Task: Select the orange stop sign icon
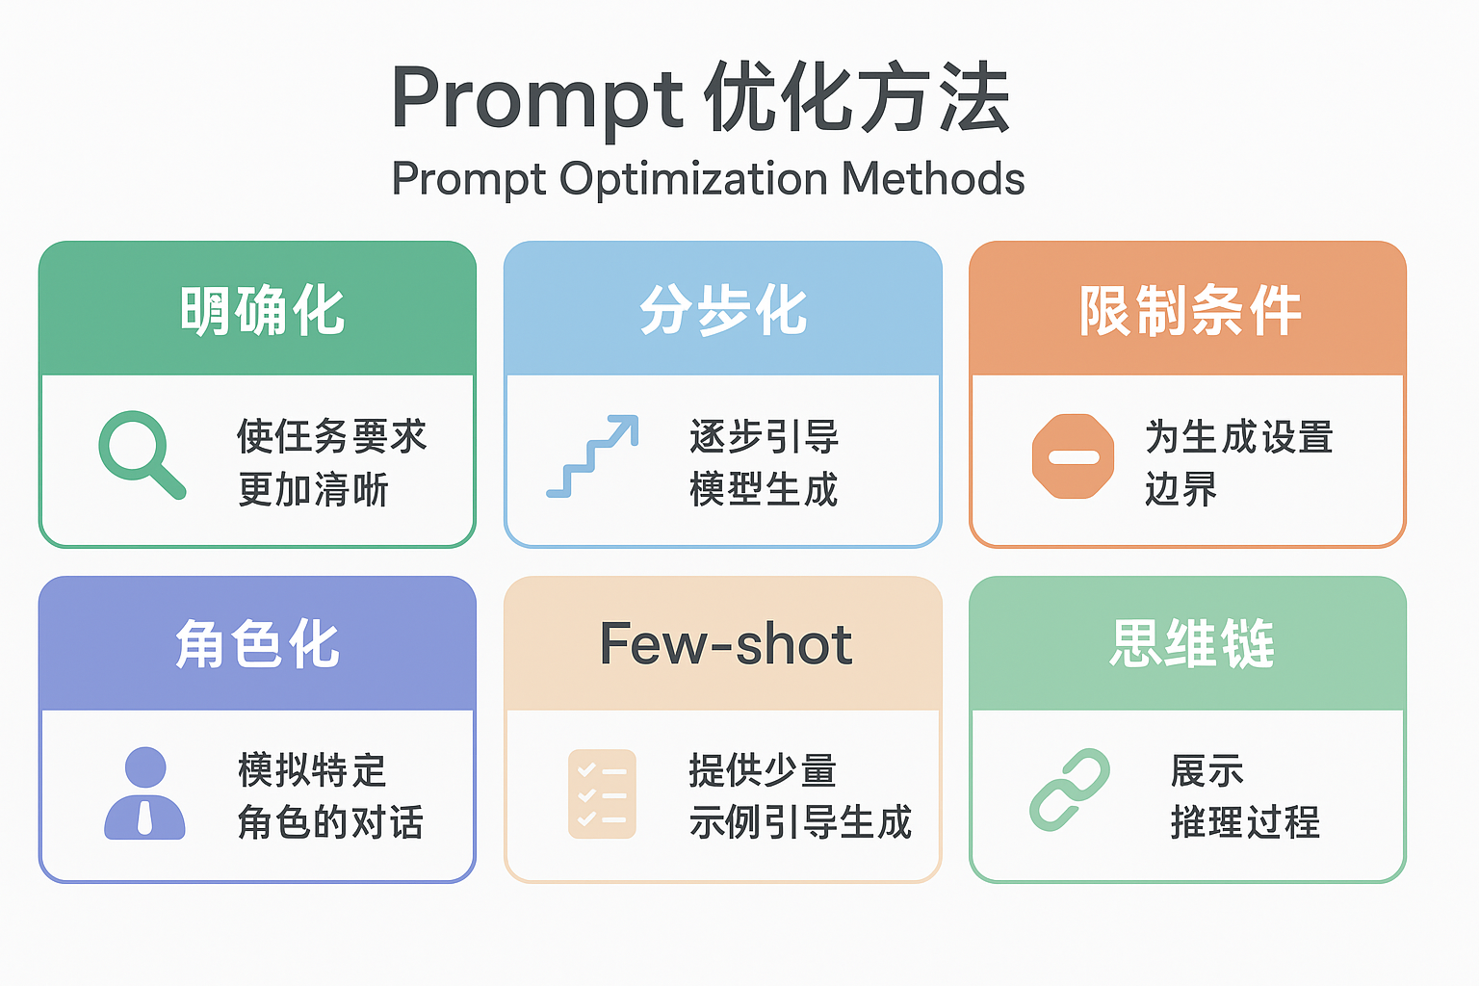click(1073, 456)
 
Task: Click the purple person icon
click(144, 793)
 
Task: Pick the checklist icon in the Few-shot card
click(602, 793)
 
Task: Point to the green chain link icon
click(1070, 790)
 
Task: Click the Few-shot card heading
click(726, 644)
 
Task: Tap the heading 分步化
click(724, 310)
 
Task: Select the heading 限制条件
click(1190, 310)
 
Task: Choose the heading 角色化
click(257, 644)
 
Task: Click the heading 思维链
click(1192, 644)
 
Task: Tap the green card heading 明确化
click(262, 310)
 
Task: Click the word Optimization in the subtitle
click(693, 179)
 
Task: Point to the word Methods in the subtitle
click(933, 178)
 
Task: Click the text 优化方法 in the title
click(856, 97)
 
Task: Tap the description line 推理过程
click(1245, 822)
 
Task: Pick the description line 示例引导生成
click(800, 822)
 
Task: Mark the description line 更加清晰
click(313, 489)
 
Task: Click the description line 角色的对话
click(330, 822)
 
